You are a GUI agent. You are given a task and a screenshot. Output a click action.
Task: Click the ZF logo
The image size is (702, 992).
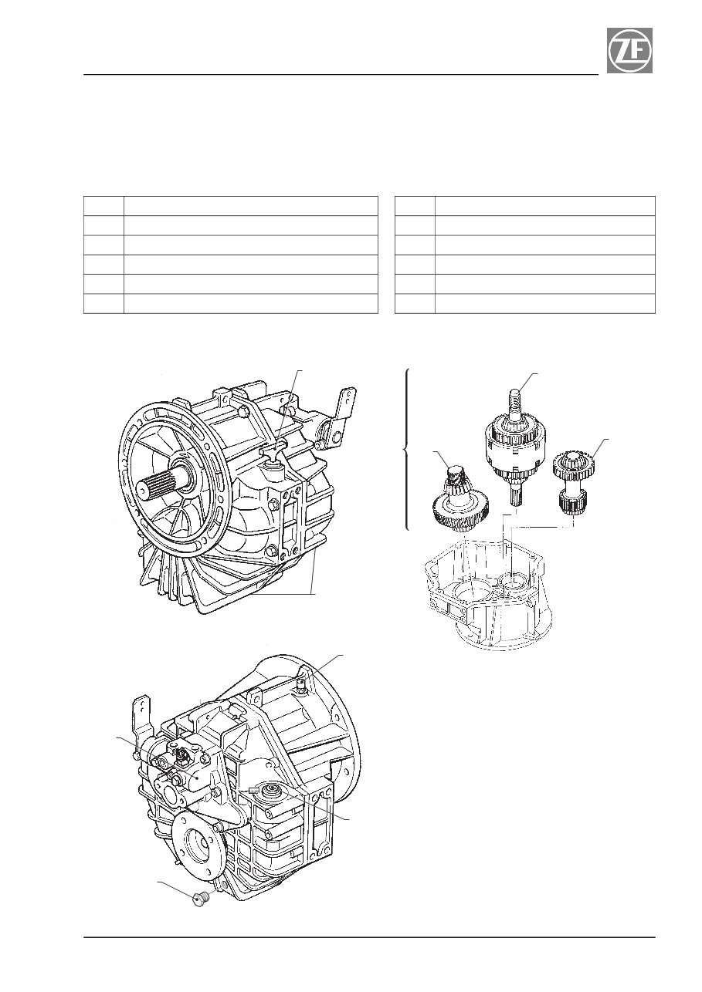(629, 51)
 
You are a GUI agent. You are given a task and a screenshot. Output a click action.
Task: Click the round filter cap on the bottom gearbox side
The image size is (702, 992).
(270, 790)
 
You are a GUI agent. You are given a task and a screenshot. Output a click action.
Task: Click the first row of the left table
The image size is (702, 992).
(230, 205)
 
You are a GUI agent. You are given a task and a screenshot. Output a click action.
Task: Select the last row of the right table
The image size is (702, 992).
(524, 303)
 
